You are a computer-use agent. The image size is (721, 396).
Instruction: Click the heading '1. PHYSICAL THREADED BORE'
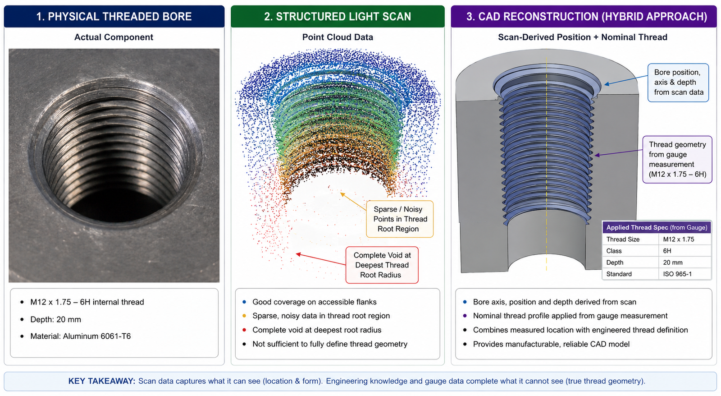pyautogui.click(x=114, y=16)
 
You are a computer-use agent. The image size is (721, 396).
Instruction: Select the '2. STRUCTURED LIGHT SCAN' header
pyautogui.click(x=338, y=16)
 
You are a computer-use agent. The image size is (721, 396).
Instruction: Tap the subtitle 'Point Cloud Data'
pyautogui.click(x=338, y=37)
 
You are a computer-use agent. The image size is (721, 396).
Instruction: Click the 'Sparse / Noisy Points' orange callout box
pyautogui.click(x=400, y=219)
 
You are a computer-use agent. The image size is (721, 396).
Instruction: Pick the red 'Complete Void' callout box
pyautogui.click(x=382, y=265)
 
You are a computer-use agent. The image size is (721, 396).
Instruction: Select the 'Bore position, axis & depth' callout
pyautogui.click(x=678, y=83)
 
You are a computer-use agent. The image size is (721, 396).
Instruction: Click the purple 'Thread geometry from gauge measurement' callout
pyautogui.click(x=677, y=160)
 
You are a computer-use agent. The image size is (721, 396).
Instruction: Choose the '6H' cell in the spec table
pyautogui.click(x=684, y=251)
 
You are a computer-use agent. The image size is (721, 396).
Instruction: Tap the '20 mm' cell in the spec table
pyautogui.click(x=684, y=262)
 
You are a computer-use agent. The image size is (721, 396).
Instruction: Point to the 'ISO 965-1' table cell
pyautogui.click(x=684, y=274)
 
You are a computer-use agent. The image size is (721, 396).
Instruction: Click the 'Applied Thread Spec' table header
pyautogui.click(x=657, y=227)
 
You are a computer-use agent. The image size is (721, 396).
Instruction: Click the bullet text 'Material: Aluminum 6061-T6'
pyautogui.click(x=81, y=336)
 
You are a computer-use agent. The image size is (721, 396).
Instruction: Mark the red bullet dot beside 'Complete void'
pyautogui.click(x=244, y=330)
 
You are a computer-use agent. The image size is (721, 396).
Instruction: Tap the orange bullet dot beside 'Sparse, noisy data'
pyautogui.click(x=244, y=316)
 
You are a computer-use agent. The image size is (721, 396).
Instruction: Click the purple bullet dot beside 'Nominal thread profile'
pyautogui.click(x=465, y=316)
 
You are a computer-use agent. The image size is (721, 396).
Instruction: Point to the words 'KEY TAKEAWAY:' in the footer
pyautogui.click(x=102, y=381)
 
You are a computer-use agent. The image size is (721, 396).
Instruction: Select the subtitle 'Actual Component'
pyautogui.click(x=114, y=37)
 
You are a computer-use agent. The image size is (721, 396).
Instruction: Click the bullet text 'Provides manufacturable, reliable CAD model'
pyautogui.click(x=551, y=344)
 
